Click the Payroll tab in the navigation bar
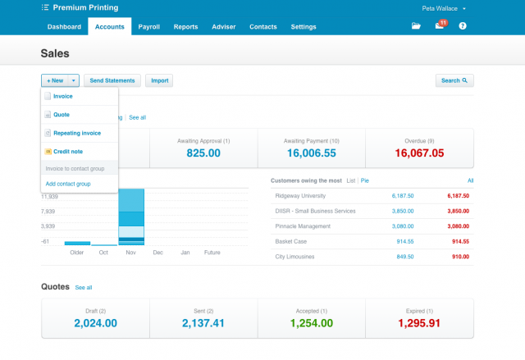tap(148, 26)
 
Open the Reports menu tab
tap(185, 26)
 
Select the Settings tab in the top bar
tap(304, 26)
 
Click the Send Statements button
tap(112, 80)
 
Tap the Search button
tap(454, 80)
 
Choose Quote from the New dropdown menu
tap(62, 114)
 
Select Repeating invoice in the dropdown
tap(76, 132)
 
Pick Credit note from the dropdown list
tap(67, 151)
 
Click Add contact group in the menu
tap(68, 184)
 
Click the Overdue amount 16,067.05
tap(419, 153)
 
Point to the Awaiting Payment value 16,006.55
tap(311, 153)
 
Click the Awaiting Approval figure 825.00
tap(203, 153)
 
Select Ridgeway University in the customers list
tap(302, 196)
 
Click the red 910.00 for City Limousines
tap(459, 257)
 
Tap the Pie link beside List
tap(365, 180)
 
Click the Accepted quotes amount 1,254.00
tap(311, 323)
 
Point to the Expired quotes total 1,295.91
tap(419, 323)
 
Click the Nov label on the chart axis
tap(130, 253)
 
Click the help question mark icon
tap(463, 26)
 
